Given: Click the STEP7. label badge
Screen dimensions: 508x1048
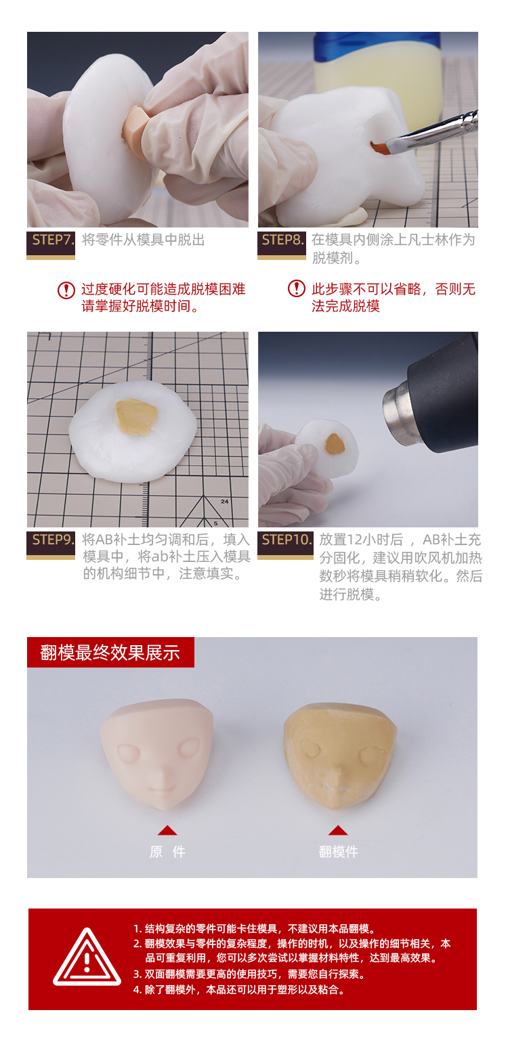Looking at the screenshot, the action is pyautogui.click(x=51, y=245).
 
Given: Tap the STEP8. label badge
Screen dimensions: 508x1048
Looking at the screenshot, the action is pyautogui.click(x=281, y=245).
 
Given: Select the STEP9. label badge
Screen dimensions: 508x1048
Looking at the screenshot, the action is pyautogui.click(x=51, y=545).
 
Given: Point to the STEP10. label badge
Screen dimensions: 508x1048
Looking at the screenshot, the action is pyautogui.click(x=286, y=545).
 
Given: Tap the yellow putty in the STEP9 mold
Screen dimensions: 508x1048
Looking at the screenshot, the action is pyautogui.click(x=136, y=416).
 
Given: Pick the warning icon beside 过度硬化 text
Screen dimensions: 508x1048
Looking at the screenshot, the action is pyautogui.click(x=66, y=290).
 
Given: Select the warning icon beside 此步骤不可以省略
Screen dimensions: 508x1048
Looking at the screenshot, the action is pyautogui.click(x=297, y=288).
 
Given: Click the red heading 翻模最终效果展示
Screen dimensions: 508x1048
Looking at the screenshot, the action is pyautogui.click(x=110, y=652).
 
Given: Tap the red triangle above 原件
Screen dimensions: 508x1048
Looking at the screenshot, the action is pyautogui.click(x=167, y=830).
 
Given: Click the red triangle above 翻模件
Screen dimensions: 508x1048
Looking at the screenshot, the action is pyautogui.click(x=338, y=830).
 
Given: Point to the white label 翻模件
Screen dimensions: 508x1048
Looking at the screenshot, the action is pyautogui.click(x=339, y=852).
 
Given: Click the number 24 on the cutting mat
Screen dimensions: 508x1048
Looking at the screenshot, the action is pyautogui.click(x=225, y=502).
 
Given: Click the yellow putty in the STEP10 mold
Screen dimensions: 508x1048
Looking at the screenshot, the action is pyautogui.click(x=335, y=443).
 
